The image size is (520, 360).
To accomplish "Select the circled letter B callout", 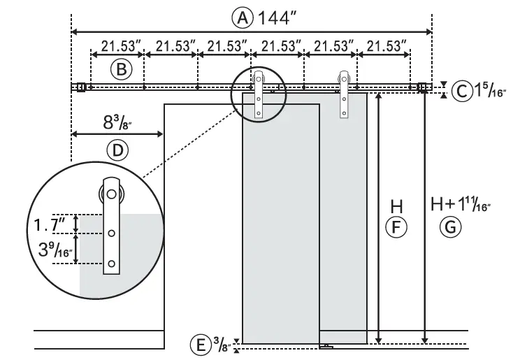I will click(x=120, y=70).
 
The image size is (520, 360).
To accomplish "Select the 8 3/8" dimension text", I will click(x=118, y=123).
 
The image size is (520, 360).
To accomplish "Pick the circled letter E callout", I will click(x=201, y=345).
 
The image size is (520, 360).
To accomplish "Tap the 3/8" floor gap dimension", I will click(x=222, y=345).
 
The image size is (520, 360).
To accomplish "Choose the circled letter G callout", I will click(x=451, y=226).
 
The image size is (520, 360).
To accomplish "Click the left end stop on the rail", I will click(x=81, y=87).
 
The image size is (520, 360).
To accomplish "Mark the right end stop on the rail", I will click(x=422, y=87).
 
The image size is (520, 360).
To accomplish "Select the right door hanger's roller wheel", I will click(x=344, y=78).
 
